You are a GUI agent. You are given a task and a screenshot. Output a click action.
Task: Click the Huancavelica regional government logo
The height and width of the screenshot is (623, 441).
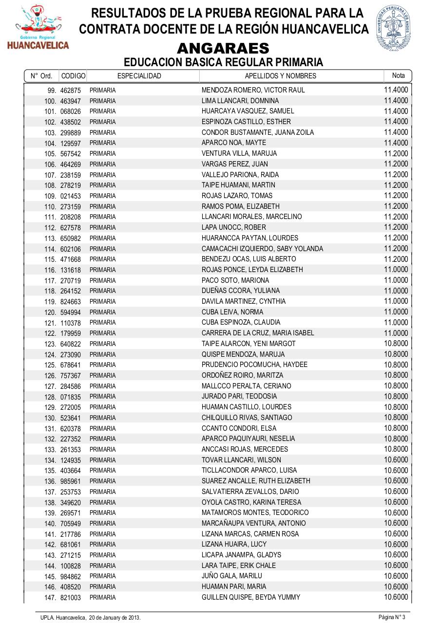(x=38, y=28)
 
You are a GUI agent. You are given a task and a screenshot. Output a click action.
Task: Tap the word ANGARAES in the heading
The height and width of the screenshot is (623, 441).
(x=223, y=48)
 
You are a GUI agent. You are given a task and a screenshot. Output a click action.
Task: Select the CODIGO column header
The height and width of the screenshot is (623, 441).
(x=74, y=76)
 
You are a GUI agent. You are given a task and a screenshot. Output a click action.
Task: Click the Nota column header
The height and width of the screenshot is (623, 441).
(x=398, y=75)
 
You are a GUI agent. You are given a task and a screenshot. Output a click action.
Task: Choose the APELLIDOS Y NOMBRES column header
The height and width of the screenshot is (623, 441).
(x=280, y=76)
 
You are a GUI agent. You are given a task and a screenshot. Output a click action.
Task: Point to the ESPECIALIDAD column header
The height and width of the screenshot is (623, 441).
(x=139, y=76)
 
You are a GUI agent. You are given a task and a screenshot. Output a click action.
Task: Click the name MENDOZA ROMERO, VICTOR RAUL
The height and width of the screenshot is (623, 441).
(x=253, y=90)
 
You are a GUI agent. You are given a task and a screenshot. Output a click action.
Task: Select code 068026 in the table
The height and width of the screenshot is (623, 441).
(x=71, y=111)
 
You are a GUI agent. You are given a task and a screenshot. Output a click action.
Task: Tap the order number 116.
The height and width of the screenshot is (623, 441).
(x=51, y=270)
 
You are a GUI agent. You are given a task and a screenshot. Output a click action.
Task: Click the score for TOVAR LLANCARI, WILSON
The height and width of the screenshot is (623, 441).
(x=396, y=459)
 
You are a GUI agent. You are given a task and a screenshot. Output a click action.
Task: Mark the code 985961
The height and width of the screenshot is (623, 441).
(x=71, y=481)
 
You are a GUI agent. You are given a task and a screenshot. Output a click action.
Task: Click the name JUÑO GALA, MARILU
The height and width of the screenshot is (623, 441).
(x=232, y=576)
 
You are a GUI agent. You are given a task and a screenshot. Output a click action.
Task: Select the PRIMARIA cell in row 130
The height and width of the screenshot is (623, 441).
(x=102, y=418)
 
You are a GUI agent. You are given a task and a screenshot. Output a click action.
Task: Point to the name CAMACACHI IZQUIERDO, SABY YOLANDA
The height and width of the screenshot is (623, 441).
(x=262, y=249)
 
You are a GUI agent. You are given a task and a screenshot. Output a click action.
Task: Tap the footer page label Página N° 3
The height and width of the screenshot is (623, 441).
(x=392, y=617)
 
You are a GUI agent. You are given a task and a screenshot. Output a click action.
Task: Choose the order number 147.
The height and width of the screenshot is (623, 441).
(x=51, y=598)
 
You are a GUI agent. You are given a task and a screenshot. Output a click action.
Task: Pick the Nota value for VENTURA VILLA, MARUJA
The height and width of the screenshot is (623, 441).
(x=396, y=153)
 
